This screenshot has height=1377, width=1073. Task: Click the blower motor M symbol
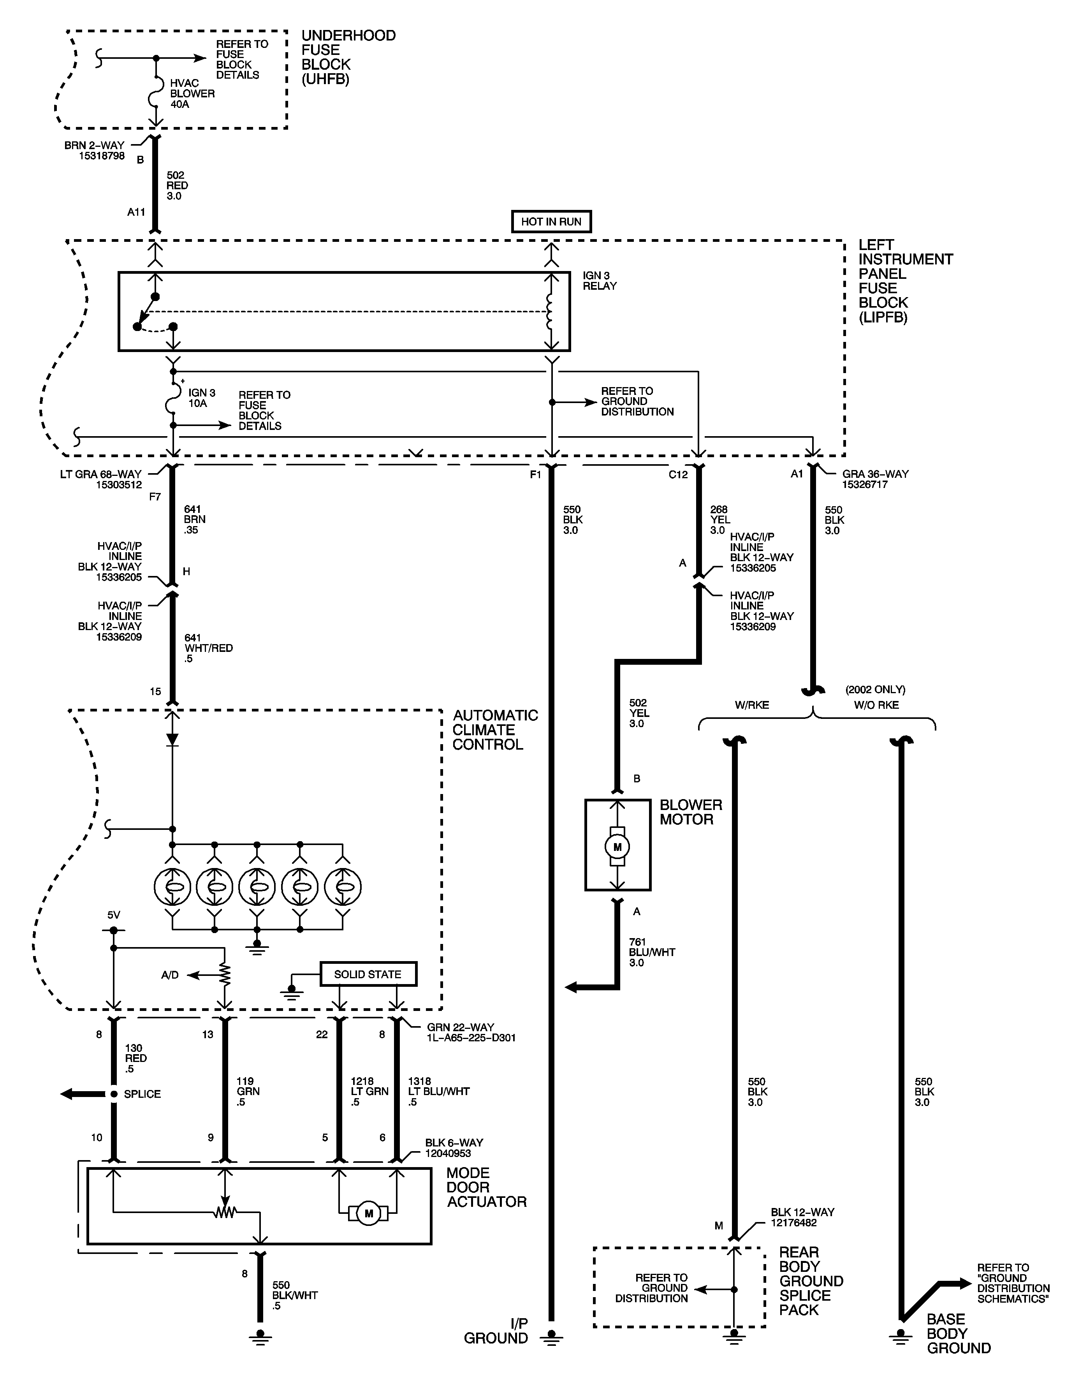(x=617, y=847)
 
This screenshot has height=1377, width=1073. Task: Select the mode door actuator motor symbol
(x=369, y=1213)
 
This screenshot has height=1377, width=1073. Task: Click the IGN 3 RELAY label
(x=599, y=280)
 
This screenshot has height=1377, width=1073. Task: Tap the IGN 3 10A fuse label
(x=201, y=398)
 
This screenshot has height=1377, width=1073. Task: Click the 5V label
(x=113, y=915)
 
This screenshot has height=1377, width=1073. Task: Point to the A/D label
(x=170, y=975)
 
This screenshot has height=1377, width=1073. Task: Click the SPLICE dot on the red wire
(x=113, y=1094)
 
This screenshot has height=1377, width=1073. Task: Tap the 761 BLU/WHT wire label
(x=651, y=952)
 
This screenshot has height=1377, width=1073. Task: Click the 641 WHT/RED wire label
(x=208, y=648)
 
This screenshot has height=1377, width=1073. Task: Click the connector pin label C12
(x=678, y=475)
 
